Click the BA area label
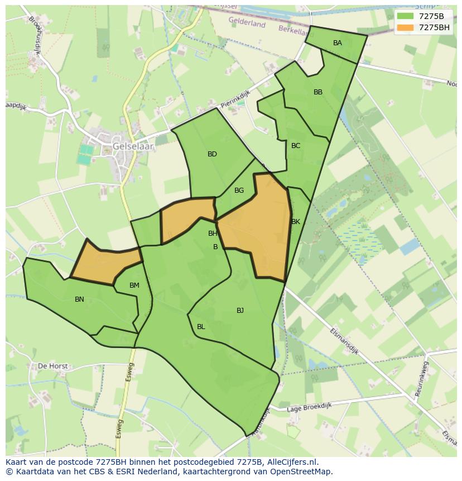[338, 43]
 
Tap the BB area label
[318, 92]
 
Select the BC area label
[296, 146]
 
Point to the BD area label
[212, 154]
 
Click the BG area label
[239, 191]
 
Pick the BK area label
[296, 222]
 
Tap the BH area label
[213, 234]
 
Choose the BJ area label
[240, 311]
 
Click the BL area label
[201, 327]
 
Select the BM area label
[134, 285]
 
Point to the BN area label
[79, 299]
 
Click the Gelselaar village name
[132, 146]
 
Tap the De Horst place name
[52, 366]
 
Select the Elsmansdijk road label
[343, 341]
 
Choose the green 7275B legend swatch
[405, 16]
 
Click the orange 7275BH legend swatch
[405, 27]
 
